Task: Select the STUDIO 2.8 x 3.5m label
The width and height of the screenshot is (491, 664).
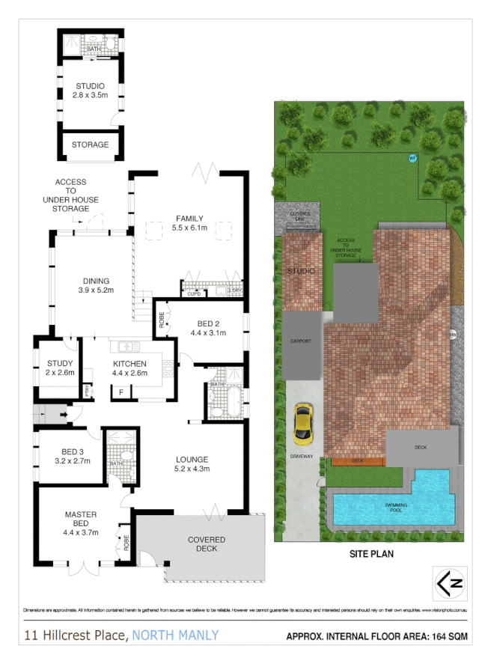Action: [89, 91]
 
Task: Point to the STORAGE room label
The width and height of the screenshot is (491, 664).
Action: [90, 144]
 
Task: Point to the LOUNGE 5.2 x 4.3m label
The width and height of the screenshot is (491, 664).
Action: [192, 464]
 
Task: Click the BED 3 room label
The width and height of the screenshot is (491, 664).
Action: [72, 456]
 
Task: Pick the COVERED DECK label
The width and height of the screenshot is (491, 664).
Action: [207, 544]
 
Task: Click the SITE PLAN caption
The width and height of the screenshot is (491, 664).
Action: [372, 555]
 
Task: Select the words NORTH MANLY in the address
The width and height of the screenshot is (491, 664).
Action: [174, 636]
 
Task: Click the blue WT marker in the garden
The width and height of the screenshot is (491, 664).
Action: [412, 158]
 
